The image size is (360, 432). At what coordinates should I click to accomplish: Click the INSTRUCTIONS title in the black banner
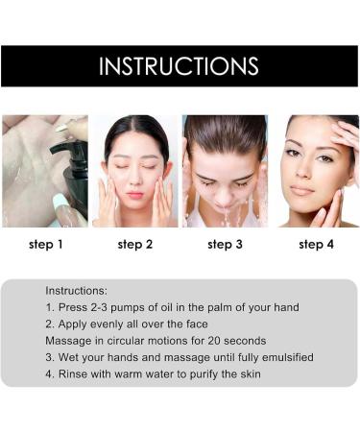180,66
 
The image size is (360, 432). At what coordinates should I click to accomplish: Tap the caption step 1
45,244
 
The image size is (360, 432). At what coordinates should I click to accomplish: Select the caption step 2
135,244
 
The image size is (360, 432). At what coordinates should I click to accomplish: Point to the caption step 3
226,244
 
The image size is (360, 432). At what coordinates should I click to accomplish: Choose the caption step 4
316,244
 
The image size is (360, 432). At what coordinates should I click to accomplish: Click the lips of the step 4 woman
306,190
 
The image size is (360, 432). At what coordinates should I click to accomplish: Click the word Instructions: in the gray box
76,289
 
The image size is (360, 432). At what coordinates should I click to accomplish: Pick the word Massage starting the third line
69,341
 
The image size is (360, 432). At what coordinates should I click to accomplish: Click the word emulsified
283,358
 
